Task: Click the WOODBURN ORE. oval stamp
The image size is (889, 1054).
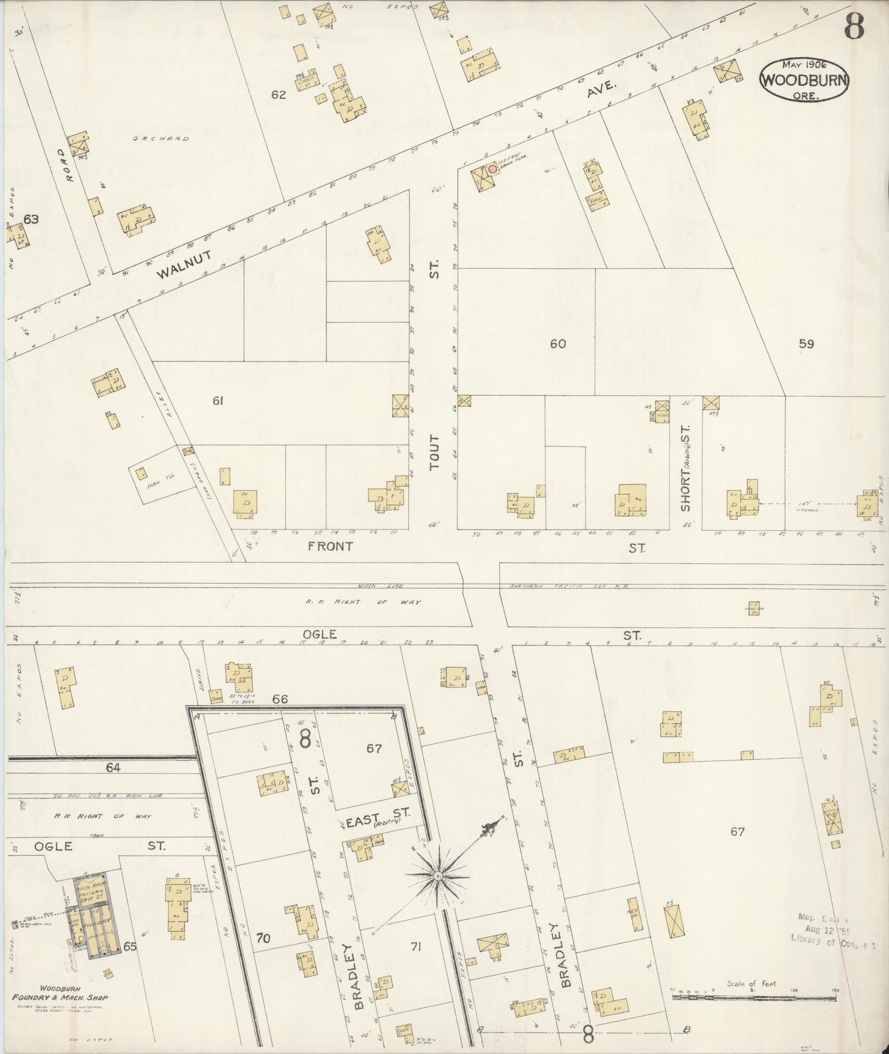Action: (x=805, y=80)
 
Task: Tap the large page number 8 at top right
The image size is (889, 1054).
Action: (x=854, y=26)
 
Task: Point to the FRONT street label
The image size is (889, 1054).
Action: (x=331, y=545)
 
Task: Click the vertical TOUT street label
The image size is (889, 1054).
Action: (x=435, y=453)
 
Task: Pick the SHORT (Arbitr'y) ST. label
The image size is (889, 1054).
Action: (x=686, y=467)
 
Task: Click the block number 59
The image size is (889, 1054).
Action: (x=806, y=344)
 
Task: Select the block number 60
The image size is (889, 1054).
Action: (x=557, y=344)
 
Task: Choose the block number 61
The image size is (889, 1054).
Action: (x=217, y=401)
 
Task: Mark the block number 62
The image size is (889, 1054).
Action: (x=279, y=95)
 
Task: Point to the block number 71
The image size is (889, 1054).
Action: (x=415, y=947)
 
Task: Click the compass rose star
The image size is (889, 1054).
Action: (x=437, y=876)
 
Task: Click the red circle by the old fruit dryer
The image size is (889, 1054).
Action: (x=492, y=168)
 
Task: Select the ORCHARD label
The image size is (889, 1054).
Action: (x=161, y=139)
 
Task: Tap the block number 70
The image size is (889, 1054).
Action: (x=263, y=938)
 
